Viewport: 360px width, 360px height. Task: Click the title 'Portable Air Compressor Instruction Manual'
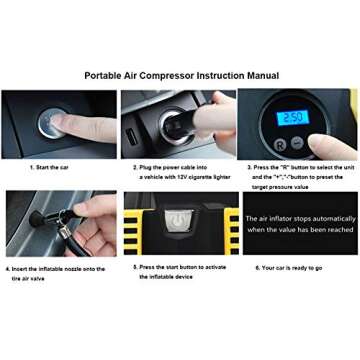(x=180, y=75)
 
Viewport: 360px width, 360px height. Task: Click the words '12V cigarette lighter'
(x=185, y=176)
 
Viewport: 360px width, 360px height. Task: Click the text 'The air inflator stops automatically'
(x=298, y=217)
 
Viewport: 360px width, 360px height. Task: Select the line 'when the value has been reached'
(x=298, y=230)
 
